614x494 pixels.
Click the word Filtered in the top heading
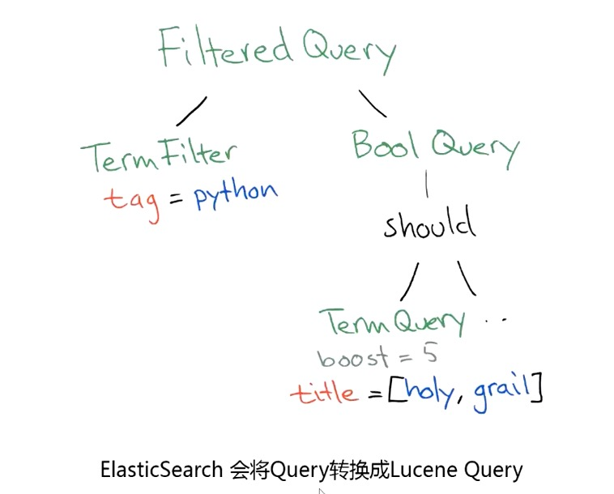point(224,48)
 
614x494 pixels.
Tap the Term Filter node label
point(159,156)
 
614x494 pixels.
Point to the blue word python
point(236,194)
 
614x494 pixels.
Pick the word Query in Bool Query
point(474,149)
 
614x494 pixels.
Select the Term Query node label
point(392,322)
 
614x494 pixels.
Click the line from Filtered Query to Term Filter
point(191,109)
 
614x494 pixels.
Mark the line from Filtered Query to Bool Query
point(373,104)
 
